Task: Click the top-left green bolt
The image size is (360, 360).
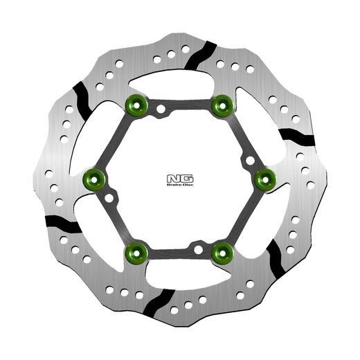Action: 135,105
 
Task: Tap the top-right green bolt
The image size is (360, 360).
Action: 222,105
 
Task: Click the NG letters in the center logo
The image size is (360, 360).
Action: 178,177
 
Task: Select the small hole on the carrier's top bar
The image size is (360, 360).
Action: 161,109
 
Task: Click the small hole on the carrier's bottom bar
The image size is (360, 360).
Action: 198,247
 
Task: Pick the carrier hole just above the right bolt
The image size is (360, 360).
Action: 249,161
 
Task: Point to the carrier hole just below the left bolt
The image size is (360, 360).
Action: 109,199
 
